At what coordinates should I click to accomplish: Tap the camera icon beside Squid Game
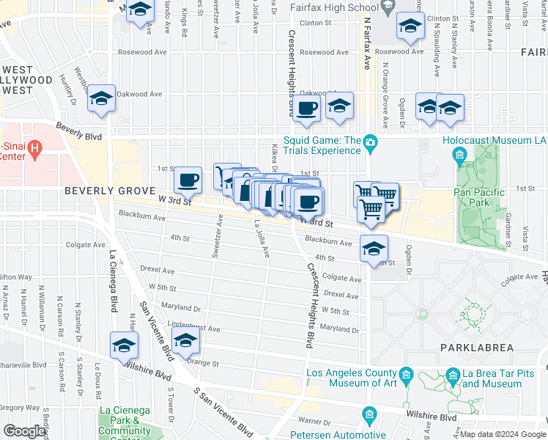click(371, 141)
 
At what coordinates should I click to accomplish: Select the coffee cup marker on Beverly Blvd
click(308, 109)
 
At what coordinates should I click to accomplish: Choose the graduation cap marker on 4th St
click(374, 249)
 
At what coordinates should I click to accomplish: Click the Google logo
click(25, 430)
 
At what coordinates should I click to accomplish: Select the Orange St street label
click(202, 362)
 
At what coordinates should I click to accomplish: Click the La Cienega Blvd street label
click(114, 281)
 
